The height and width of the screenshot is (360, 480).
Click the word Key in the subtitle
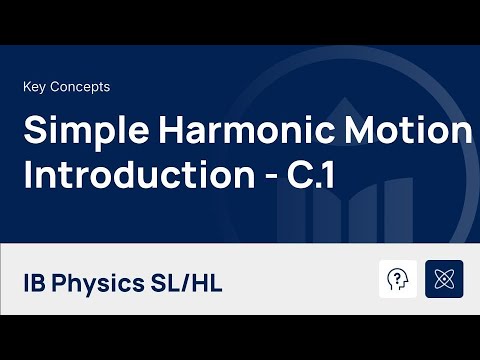coord(35,87)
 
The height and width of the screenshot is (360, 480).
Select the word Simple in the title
coord(73,132)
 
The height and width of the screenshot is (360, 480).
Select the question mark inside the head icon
coord(399,277)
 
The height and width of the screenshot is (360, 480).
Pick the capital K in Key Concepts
coord(26,87)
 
